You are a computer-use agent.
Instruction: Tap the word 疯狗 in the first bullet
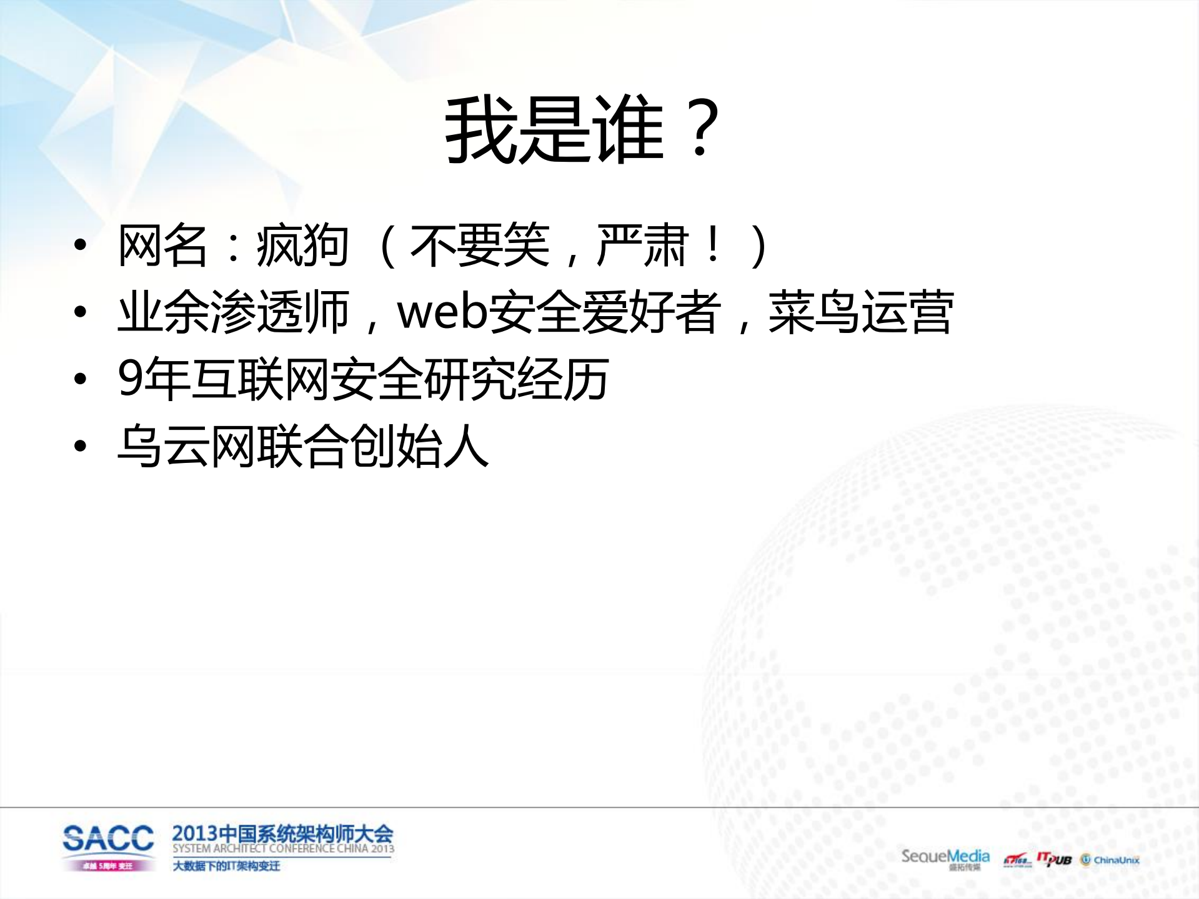(x=302, y=246)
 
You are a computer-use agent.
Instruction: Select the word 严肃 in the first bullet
(x=644, y=246)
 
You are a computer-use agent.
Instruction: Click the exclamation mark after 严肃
(x=712, y=246)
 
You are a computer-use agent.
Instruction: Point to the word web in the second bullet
(x=442, y=312)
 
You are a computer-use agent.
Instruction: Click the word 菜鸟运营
(x=860, y=312)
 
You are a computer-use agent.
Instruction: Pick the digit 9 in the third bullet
(x=130, y=379)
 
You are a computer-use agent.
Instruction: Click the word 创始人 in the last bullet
(x=418, y=446)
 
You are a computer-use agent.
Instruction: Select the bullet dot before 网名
(x=80, y=246)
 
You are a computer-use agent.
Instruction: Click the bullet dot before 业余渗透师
(x=80, y=312)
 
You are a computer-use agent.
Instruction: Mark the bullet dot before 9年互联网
(x=80, y=379)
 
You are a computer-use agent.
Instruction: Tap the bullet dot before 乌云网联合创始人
(x=80, y=446)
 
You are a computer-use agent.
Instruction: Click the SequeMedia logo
(x=945, y=857)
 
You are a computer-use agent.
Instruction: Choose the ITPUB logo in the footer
(x=1054, y=860)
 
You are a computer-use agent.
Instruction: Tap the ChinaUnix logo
(x=1110, y=860)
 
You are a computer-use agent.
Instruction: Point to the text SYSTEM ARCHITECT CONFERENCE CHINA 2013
(x=283, y=849)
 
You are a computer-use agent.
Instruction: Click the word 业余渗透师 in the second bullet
(x=233, y=312)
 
